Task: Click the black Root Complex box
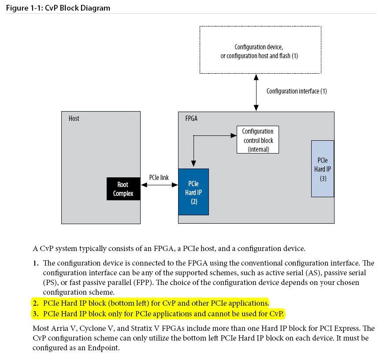coord(123,189)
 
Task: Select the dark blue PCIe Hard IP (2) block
coord(193,192)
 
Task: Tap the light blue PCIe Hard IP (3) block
coord(322,169)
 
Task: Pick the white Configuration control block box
coord(258,140)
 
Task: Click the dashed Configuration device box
coord(260,50)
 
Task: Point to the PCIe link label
coord(159,177)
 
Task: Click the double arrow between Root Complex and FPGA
coord(159,185)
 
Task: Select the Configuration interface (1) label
coord(296,91)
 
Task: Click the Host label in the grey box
coord(74,118)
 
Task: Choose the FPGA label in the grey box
coord(191,118)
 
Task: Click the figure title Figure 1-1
coord(58,8)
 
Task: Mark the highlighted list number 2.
coord(35,303)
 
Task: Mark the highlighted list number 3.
coord(35,314)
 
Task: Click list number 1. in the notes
coord(36,263)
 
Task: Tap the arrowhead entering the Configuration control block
coord(234,135)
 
